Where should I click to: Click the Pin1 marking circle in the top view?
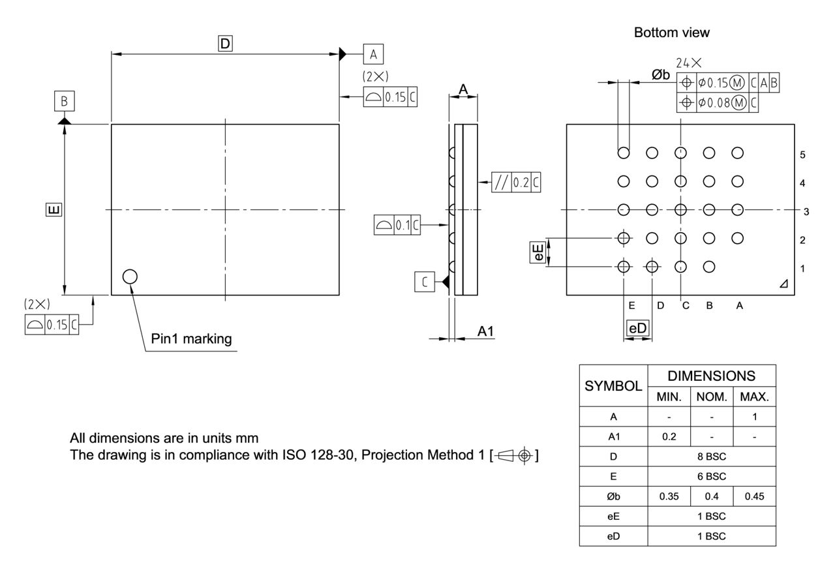point(130,277)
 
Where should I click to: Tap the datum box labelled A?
point(374,53)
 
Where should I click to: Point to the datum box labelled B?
point(65,102)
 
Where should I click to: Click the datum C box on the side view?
point(425,282)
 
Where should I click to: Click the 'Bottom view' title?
point(671,33)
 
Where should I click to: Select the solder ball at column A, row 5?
point(738,153)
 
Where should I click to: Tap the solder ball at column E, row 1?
point(624,266)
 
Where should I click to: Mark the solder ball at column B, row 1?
point(710,266)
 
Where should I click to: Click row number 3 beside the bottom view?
point(806,211)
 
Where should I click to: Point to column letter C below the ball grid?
point(686,305)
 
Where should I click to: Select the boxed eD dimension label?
point(638,329)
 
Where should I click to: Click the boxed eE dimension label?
point(538,252)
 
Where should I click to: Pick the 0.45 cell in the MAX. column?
point(754,496)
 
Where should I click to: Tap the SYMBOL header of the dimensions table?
point(613,385)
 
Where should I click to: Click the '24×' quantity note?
point(689,63)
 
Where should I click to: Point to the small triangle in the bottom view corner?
point(783,283)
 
